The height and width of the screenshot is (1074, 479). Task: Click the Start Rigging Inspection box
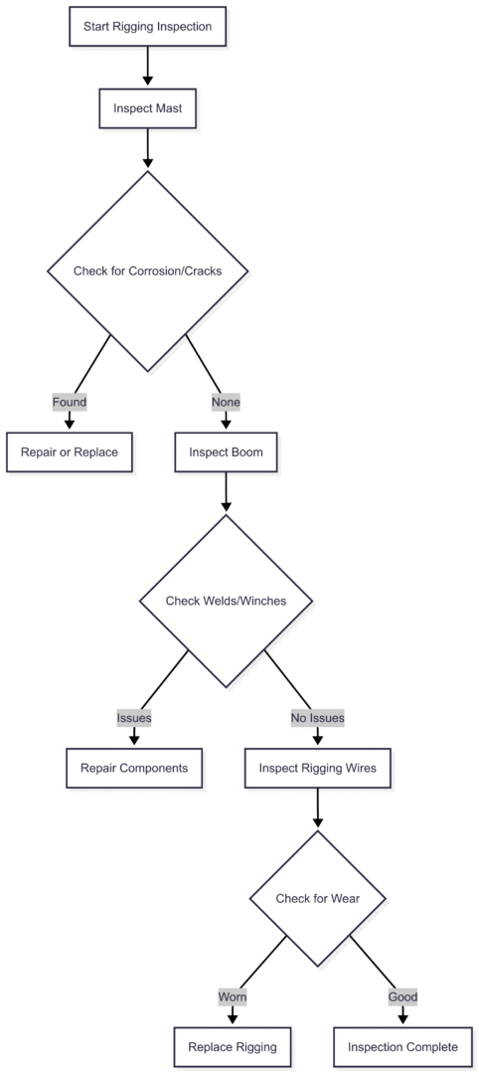(x=147, y=27)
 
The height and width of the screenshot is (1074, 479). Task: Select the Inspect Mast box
(x=147, y=108)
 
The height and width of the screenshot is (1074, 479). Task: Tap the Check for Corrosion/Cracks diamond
(x=147, y=270)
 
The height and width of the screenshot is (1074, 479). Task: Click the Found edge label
(x=70, y=403)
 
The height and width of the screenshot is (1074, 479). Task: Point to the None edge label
(x=226, y=403)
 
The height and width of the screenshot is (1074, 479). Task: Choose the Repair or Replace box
(x=70, y=451)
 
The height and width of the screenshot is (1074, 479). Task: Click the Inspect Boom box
(x=226, y=451)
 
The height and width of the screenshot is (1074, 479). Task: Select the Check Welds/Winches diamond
(x=226, y=601)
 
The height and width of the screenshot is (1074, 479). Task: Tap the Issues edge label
(x=134, y=717)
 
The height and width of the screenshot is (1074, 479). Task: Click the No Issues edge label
(x=317, y=717)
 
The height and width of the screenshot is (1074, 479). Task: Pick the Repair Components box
(x=134, y=768)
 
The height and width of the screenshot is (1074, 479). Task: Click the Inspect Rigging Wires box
(x=317, y=768)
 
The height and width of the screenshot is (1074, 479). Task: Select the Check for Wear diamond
(x=317, y=899)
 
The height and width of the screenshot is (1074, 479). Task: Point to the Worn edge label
(x=233, y=996)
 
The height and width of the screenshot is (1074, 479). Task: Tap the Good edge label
(x=402, y=996)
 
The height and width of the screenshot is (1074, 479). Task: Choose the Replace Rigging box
(x=233, y=1046)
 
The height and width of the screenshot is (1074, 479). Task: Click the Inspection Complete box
(x=402, y=1046)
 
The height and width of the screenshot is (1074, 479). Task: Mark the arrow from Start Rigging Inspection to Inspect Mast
(x=147, y=67)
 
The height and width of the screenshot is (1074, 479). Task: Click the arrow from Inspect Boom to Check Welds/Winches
(x=226, y=492)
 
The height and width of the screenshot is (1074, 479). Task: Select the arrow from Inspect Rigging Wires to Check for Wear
(x=317, y=808)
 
